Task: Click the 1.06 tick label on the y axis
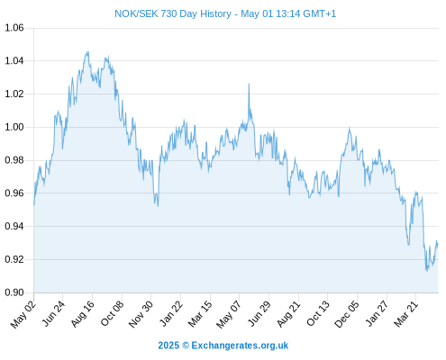(14, 28)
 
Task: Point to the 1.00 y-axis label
(14, 127)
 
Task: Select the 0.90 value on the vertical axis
(14, 292)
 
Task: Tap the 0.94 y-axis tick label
(14, 226)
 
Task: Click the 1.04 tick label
(14, 61)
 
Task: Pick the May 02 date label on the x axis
(23, 314)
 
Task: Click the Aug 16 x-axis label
(83, 314)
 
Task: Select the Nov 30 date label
(141, 314)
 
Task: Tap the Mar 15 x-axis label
(200, 314)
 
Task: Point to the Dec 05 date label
(347, 314)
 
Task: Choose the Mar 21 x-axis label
(406, 314)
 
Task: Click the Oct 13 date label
(318, 314)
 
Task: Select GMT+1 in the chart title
(320, 14)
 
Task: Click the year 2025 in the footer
(168, 346)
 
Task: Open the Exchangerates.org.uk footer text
(240, 346)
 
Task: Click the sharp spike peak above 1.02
(249, 84)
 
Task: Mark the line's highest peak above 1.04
(87, 51)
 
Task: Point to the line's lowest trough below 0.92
(427, 271)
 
